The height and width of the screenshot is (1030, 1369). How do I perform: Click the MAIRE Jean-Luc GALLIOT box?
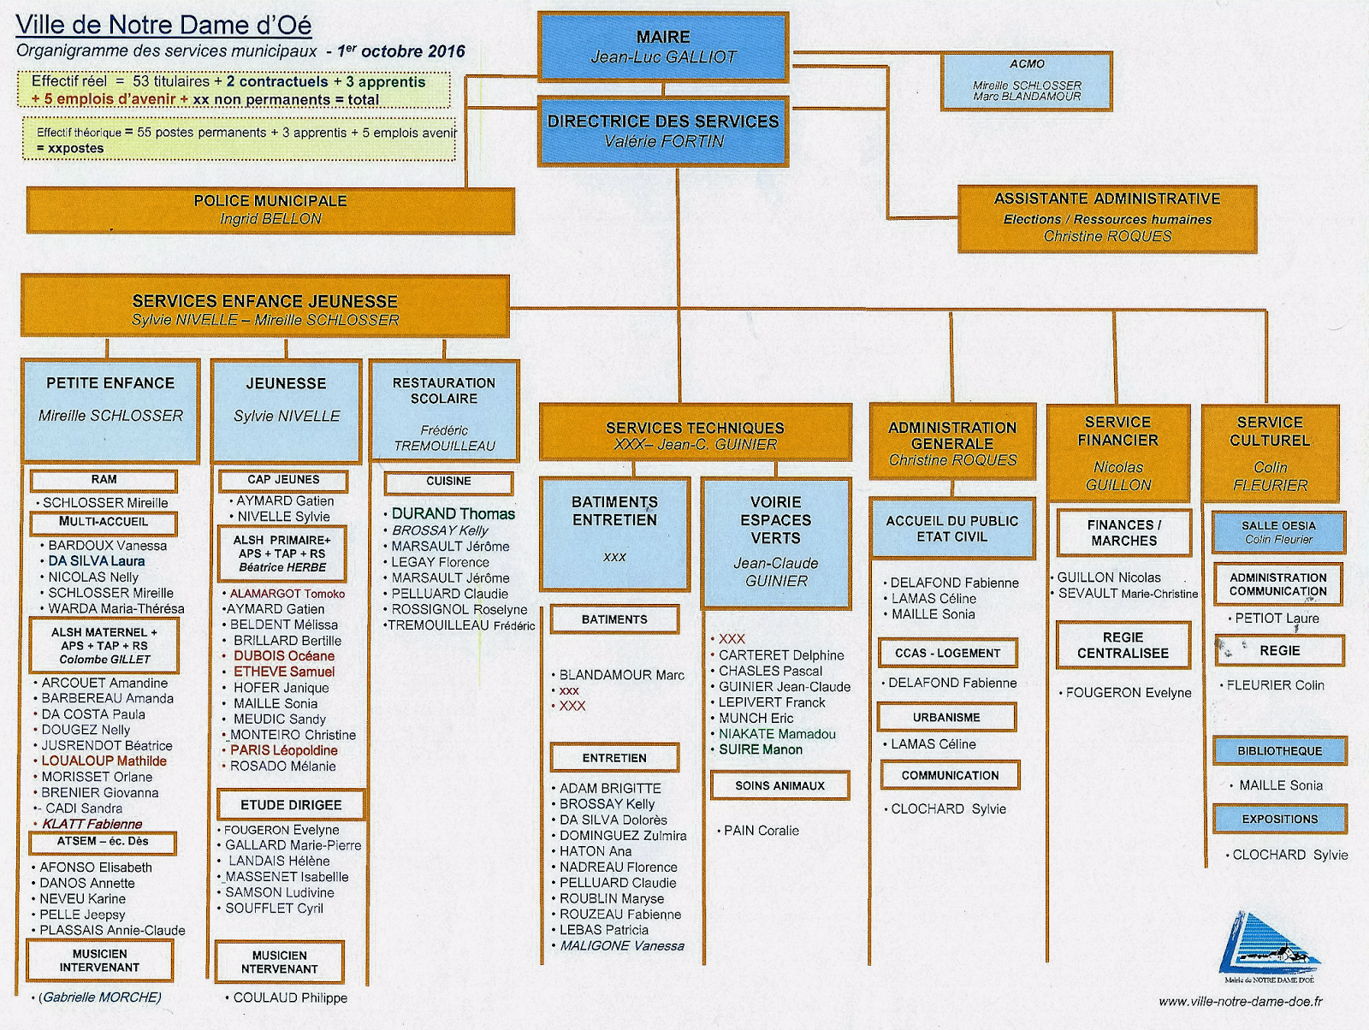[x=663, y=47]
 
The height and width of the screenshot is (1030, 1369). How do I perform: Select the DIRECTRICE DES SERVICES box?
[x=663, y=131]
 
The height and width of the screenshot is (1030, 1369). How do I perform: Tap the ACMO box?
[x=1027, y=81]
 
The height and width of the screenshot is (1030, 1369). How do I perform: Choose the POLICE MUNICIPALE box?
[x=270, y=210]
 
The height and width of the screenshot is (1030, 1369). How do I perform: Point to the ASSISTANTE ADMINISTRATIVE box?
[x=1107, y=218]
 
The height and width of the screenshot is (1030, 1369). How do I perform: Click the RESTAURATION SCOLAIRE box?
[x=444, y=411]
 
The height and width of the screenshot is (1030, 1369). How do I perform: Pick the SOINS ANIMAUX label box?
[x=779, y=785]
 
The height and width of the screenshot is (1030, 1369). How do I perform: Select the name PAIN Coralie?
[x=762, y=830]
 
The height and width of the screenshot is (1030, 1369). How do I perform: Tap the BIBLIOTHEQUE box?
[x=1279, y=750]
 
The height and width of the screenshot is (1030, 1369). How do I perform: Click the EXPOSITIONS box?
[x=1279, y=819]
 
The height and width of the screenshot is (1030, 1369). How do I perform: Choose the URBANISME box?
[x=946, y=717]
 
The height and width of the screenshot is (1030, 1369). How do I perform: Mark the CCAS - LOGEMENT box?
[x=947, y=653]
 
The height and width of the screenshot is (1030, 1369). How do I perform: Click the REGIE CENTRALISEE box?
[x=1123, y=645]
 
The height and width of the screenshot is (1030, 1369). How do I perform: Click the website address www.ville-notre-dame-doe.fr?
[x=1240, y=1001]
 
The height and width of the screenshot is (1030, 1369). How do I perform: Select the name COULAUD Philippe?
[x=290, y=997]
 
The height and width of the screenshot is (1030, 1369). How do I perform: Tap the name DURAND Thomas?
[x=453, y=513]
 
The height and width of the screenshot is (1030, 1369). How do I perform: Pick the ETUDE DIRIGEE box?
[x=291, y=805]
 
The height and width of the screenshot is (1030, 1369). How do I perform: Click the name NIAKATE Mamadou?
[x=777, y=734]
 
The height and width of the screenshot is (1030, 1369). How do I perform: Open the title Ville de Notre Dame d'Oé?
[x=163, y=25]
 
